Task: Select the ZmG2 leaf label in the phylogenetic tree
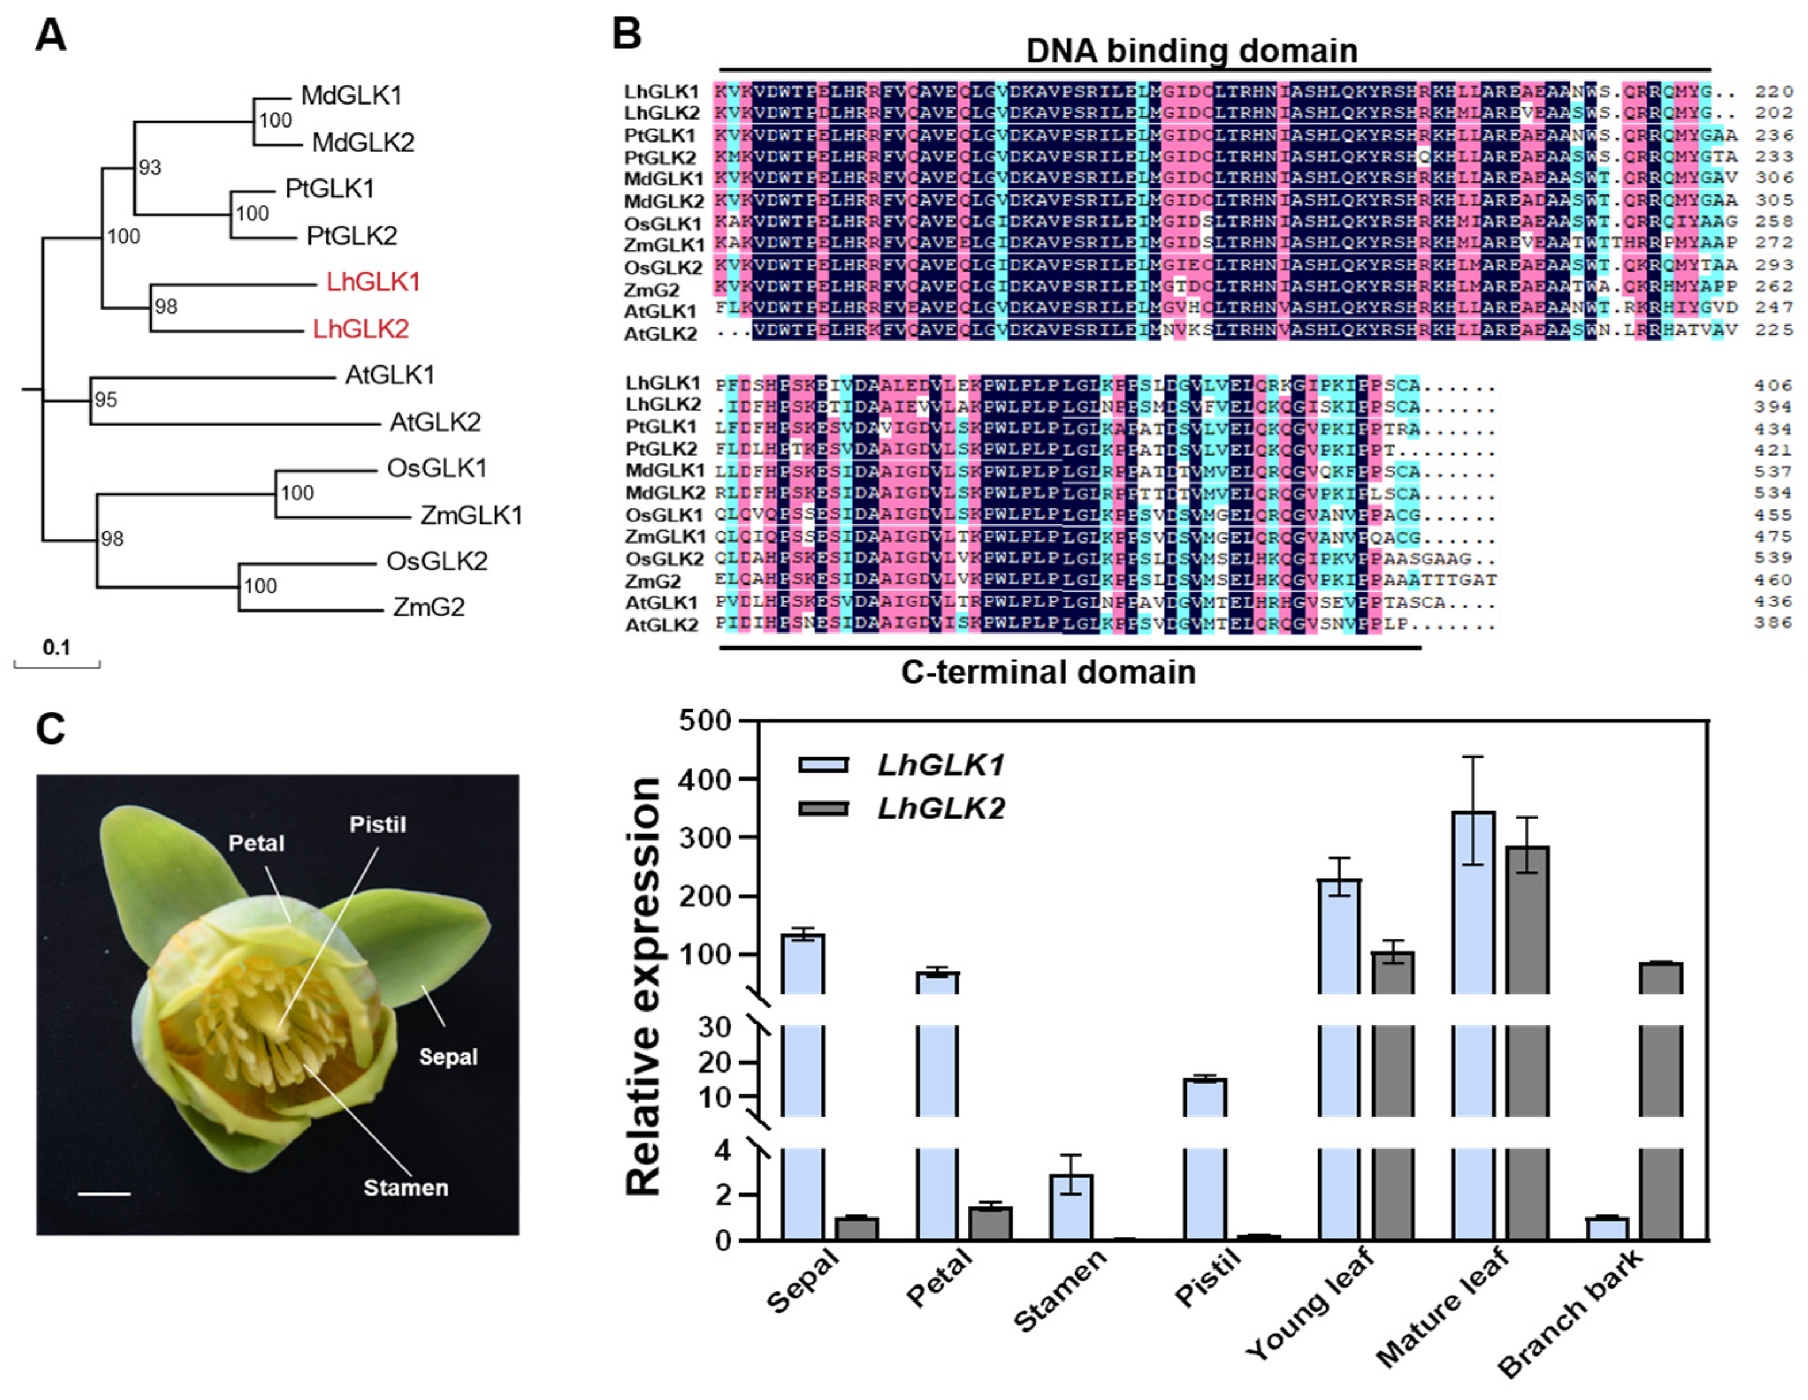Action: [x=428, y=607]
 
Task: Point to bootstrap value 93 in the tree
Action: [x=150, y=167]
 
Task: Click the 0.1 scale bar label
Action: [x=56, y=647]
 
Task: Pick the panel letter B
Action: [x=627, y=35]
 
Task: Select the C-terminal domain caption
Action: [x=1048, y=672]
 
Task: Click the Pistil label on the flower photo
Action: [x=377, y=825]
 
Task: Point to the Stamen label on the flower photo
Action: [x=406, y=1187]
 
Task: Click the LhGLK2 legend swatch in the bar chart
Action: [x=823, y=808]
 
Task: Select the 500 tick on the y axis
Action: [x=705, y=721]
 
